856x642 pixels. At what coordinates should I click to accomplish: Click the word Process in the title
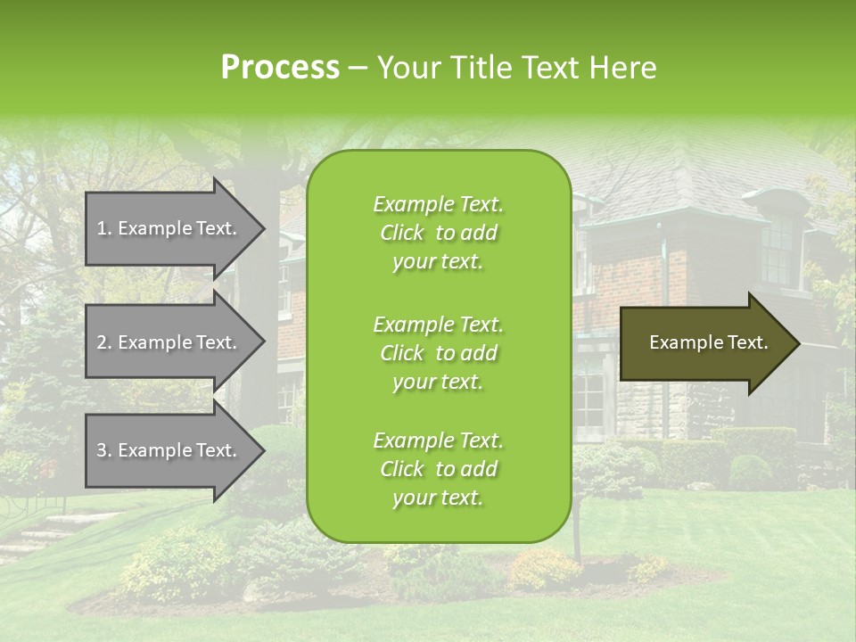(280, 68)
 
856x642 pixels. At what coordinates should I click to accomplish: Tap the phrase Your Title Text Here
(517, 68)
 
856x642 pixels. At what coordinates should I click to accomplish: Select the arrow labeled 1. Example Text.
(169, 228)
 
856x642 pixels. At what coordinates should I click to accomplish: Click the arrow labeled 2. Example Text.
(169, 342)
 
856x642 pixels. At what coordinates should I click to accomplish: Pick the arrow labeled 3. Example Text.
(169, 450)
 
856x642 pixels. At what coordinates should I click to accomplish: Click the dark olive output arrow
(704, 342)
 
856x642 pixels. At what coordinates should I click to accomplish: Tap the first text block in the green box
(438, 233)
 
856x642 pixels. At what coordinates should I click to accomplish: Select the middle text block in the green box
(438, 353)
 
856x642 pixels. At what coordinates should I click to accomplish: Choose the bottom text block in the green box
(438, 469)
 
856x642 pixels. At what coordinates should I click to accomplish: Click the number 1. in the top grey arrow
(104, 228)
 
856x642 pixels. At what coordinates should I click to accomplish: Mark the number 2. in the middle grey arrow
(104, 342)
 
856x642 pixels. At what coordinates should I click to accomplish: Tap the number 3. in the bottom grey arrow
(104, 450)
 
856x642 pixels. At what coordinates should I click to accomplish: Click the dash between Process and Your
(358, 68)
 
